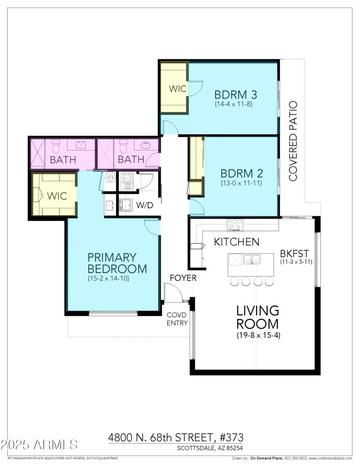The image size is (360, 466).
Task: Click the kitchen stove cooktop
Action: (x=234, y=224)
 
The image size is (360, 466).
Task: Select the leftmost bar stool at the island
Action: (x=234, y=282)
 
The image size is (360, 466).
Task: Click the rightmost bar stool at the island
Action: (x=269, y=282)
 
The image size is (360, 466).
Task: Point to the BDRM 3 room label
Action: (x=233, y=95)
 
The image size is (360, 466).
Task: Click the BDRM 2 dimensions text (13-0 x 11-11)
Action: (x=241, y=183)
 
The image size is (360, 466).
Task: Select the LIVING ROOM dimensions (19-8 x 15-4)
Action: (x=258, y=335)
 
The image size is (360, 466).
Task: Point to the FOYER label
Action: (x=183, y=278)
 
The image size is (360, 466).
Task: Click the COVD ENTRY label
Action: (x=177, y=318)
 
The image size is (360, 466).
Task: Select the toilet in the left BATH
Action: (x=56, y=146)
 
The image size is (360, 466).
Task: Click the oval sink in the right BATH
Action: (x=146, y=145)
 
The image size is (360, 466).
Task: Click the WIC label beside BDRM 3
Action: (x=177, y=89)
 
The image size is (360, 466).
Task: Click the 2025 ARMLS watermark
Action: (x=39, y=445)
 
